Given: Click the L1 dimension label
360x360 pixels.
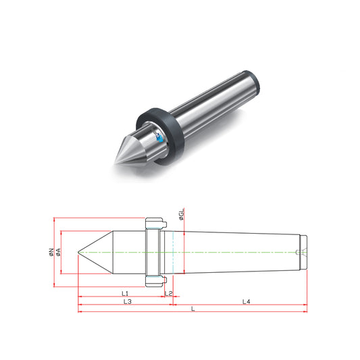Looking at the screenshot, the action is click(125, 293).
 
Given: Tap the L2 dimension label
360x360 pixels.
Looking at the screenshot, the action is click(168, 293).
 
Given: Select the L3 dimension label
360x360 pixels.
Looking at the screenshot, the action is click(128, 301).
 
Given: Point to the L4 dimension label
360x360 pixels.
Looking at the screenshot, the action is click(247, 301).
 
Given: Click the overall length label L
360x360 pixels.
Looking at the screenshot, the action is click(193, 309).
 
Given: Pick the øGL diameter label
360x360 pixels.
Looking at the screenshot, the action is click(182, 214).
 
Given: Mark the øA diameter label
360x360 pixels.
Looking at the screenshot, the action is click(58, 252).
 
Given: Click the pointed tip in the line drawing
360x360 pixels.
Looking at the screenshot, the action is click(78, 252).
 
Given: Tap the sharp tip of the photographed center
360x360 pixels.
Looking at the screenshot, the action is click(115, 163).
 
